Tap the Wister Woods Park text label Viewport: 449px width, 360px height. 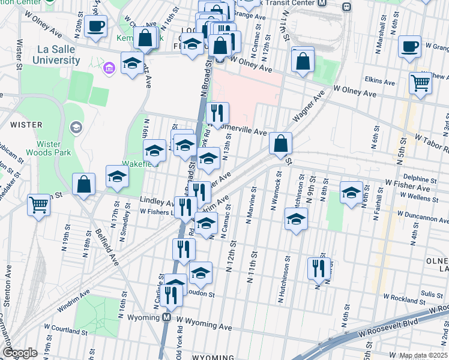tap(45, 149)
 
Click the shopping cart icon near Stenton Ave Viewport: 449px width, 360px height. tap(39, 205)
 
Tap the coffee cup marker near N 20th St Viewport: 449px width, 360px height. tap(96, 27)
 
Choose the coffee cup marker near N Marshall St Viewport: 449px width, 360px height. tap(410, 46)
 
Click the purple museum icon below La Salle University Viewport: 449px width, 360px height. tap(108, 68)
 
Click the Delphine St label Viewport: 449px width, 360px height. tap(420, 179)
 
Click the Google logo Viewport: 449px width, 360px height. tap(20, 353)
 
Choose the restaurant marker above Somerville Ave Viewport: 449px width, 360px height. tap(217, 112)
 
